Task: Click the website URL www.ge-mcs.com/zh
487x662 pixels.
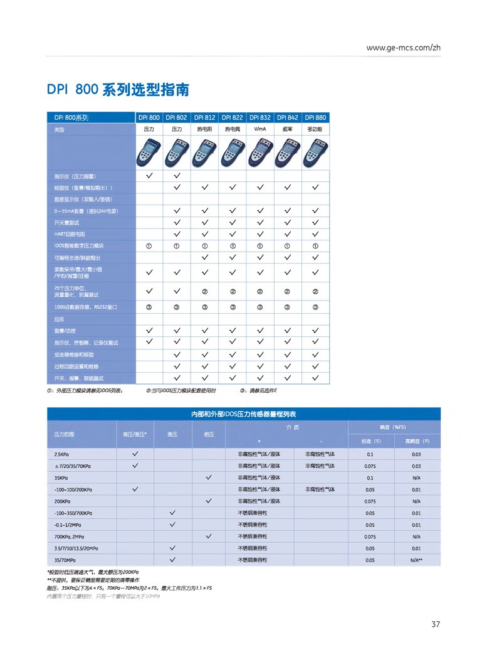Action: click(404, 48)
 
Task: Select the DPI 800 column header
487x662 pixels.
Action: click(149, 117)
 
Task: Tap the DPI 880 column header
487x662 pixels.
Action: click(316, 117)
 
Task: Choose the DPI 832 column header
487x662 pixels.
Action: click(260, 117)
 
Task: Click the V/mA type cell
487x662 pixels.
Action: click(260, 129)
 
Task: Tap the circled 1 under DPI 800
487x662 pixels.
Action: click(149, 245)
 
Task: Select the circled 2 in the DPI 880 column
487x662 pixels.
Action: click(316, 291)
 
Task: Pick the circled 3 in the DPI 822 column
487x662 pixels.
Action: click(233, 307)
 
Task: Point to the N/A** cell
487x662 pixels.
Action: click(416, 559)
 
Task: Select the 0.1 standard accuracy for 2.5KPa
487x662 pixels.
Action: click(370, 454)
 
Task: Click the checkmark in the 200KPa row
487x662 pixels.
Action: click(209, 501)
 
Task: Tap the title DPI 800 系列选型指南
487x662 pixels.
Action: click(118, 90)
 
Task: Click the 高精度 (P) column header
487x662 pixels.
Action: click(416, 441)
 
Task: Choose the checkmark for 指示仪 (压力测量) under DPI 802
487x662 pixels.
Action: click(177, 175)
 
